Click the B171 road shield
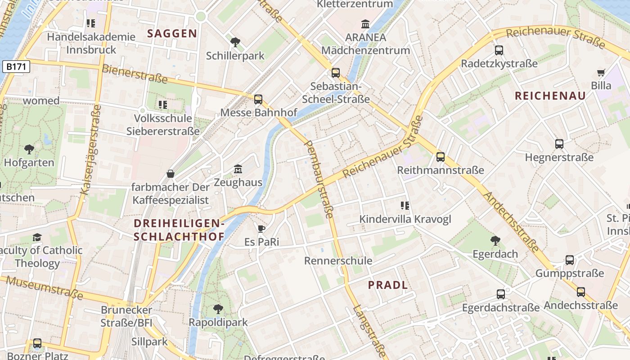point(16,67)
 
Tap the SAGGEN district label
point(172,33)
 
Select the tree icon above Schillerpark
point(235,43)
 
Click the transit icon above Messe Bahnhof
point(258,99)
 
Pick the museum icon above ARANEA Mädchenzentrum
point(365,23)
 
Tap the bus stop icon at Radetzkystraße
point(499,50)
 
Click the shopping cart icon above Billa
point(601,72)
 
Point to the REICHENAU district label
point(550,95)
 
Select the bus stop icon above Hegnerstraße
point(559,144)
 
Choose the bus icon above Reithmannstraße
point(441,157)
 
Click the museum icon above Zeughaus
point(238,169)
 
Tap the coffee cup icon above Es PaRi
point(261,229)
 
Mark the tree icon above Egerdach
point(495,241)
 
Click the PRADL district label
point(388,285)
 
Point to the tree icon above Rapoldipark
point(218,309)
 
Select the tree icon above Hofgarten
point(29,149)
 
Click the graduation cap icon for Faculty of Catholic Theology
point(37,237)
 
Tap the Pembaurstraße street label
point(319,179)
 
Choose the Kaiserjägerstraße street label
point(90,150)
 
